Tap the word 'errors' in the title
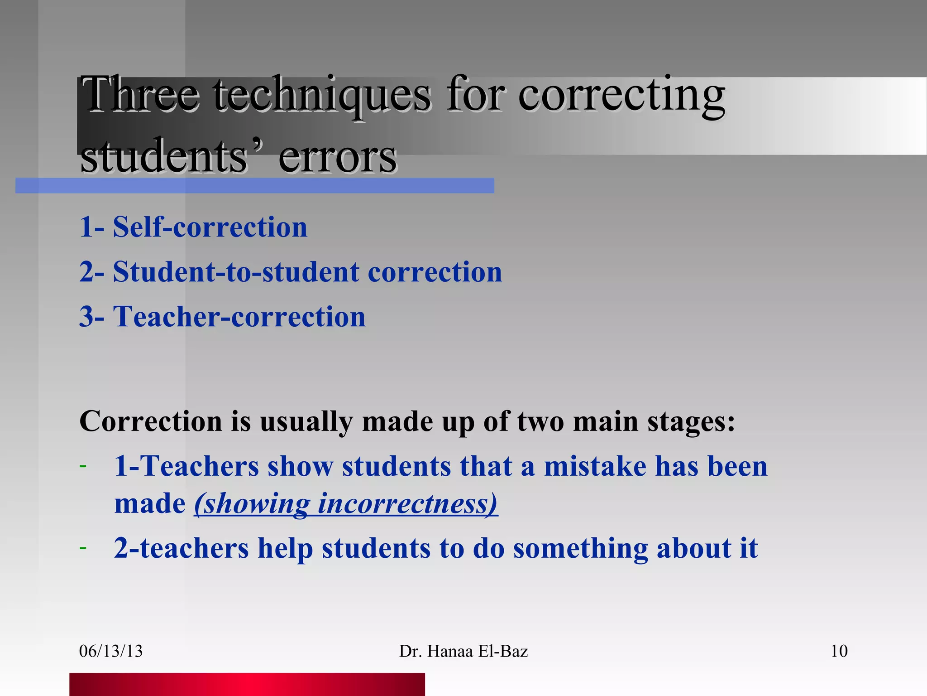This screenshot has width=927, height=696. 337,157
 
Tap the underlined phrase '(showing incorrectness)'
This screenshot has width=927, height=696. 346,503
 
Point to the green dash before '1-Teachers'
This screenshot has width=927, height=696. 83,466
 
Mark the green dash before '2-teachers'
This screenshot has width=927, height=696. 83,548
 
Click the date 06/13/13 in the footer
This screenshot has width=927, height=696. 111,651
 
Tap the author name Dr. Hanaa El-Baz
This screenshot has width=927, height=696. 463,651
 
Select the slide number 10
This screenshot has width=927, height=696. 839,651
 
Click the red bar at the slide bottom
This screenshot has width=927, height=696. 247,684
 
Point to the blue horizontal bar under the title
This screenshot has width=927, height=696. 254,185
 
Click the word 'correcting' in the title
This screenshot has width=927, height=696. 621,95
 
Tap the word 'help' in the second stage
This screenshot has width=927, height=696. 285,548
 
